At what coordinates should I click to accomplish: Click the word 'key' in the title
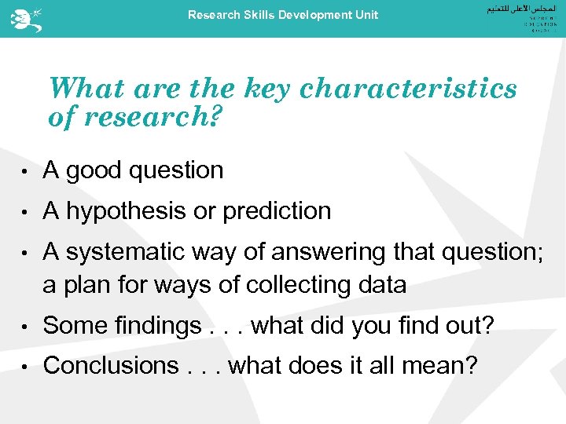coord(269,89)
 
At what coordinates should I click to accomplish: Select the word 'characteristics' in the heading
coord(408,89)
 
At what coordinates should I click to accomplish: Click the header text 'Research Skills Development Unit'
coord(283,15)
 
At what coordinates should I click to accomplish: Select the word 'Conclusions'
coord(111,366)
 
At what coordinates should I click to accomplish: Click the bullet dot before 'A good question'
coord(26,171)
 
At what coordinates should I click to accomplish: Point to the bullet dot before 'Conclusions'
coord(26,367)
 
